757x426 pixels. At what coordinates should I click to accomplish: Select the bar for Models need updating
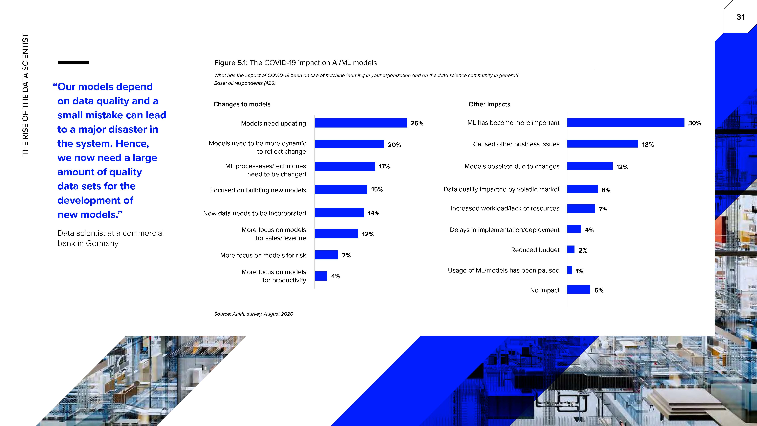(x=361, y=123)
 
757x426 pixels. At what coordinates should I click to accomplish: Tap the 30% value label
(x=694, y=123)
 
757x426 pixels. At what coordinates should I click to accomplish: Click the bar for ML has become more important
(x=626, y=123)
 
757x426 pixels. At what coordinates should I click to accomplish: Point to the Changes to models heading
(x=242, y=104)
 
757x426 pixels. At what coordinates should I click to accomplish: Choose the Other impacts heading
(x=489, y=104)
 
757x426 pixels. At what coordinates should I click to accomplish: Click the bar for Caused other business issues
(x=602, y=144)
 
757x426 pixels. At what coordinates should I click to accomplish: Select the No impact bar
(x=579, y=290)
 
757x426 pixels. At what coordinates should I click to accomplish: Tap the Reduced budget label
(x=535, y=250)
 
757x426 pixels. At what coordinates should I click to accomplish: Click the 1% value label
(x=579, y=271)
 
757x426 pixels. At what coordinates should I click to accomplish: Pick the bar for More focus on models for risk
(x=326, y=255)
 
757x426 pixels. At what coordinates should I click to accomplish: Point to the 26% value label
(x=417, y=124)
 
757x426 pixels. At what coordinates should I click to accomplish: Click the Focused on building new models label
(x=258, y=190)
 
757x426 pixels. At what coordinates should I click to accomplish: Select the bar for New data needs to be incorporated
(x=339, y=213)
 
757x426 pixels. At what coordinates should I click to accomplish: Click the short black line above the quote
(x=74, y=62)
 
